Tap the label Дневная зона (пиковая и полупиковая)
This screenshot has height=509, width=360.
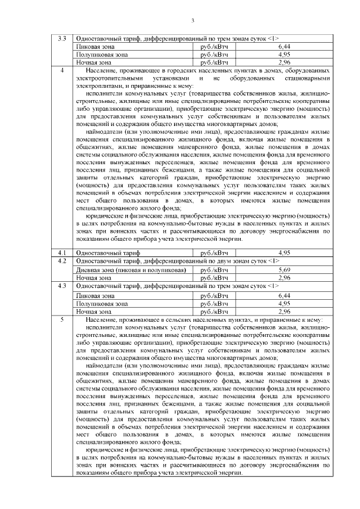tap(130, 270)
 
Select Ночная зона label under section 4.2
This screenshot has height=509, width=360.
tap(94, 278)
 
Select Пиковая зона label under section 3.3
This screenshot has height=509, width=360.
tap(96, 47)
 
